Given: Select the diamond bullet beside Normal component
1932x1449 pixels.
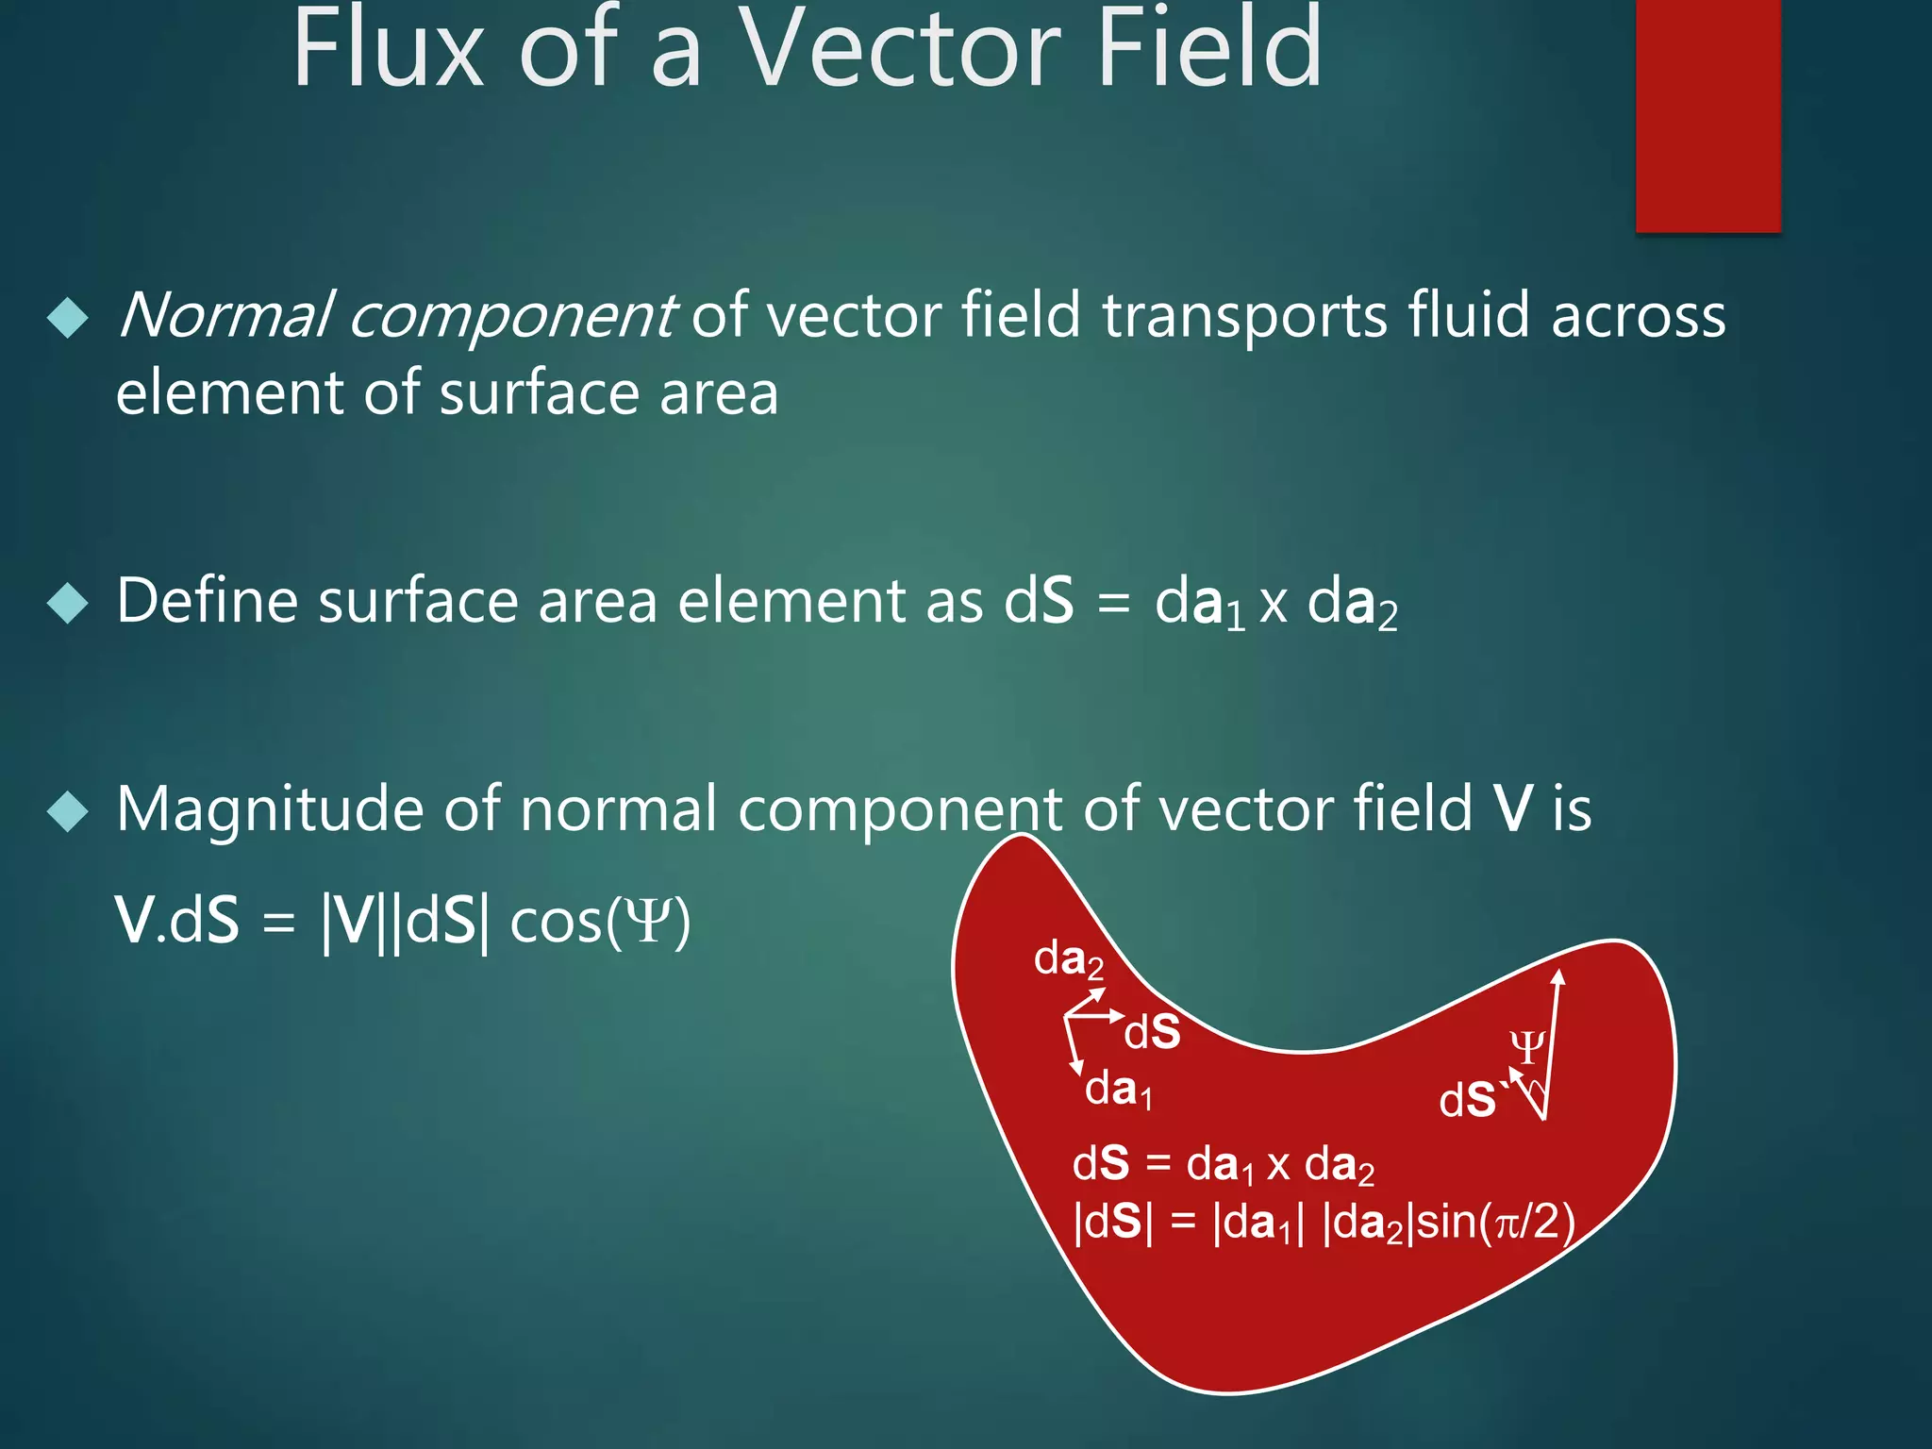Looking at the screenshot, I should click(67, 318).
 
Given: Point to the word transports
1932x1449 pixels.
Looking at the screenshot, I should click(1245, 316).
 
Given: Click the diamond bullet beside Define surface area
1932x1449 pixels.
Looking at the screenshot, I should click(67, 603).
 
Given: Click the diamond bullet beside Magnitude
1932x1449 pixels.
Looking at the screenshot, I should click(67, 811).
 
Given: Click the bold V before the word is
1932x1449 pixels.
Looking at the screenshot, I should click(1513, 809).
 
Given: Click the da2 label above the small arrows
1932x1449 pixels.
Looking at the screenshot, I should click(1069, 960).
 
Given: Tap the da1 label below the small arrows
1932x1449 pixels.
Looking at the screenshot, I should click(1119, 1091).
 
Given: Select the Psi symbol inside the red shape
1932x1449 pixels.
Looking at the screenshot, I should click(1526, 1047).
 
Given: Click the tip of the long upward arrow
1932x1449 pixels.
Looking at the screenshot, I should click(1559, 974).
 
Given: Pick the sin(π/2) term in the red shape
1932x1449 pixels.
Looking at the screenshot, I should click(1494, 1223).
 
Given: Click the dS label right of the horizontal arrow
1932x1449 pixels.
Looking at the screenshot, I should click(1153, 1033).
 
